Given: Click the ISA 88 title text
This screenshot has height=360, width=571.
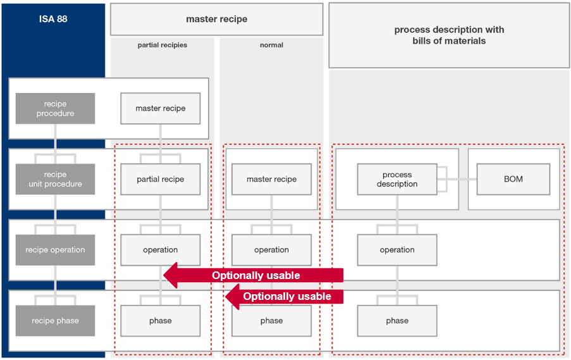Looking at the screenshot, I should click(53, 19).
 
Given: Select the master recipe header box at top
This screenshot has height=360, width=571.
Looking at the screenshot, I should click(216, 20).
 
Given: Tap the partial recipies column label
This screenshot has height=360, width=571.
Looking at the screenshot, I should click(163, 45).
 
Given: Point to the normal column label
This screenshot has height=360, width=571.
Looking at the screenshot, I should click(271, 45).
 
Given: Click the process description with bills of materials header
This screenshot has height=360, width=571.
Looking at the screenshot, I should click(449, 35).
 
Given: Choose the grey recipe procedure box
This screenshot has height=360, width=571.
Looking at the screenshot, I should click(56, 109).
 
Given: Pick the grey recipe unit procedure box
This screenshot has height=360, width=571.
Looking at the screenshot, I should click(56, 179).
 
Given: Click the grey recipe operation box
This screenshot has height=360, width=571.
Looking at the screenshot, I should click(56, 250).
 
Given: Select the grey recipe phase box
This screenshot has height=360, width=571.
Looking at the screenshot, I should click(56, 321).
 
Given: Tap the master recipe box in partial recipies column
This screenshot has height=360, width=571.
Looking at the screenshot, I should click(161, 109).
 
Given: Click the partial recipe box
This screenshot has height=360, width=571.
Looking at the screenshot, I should click(161, 179).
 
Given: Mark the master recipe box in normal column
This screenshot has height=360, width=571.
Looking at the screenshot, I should click(271, 179).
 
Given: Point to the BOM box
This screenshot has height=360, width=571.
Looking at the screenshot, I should click(513, 179).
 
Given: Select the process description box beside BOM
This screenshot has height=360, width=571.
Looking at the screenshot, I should click(397, 179).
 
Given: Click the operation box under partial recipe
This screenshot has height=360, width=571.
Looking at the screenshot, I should click(161, 250).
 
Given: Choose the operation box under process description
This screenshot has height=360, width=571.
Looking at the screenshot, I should click(397, 250).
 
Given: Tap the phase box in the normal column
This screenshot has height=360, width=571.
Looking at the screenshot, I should click(271, 321).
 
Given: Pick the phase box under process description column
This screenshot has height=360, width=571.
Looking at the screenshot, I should click(397, 321).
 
